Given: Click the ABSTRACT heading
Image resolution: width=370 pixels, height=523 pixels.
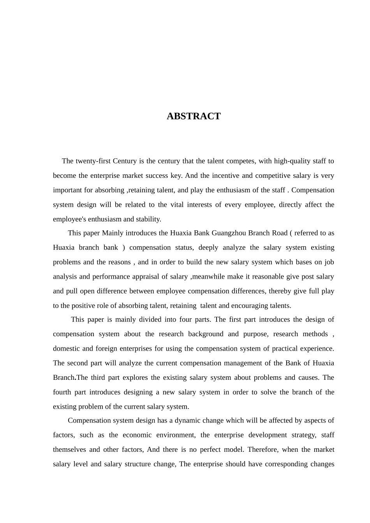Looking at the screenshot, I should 194,116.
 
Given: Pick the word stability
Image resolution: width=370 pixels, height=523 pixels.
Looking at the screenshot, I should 148,219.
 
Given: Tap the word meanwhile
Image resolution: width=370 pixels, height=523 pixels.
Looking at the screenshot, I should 210,277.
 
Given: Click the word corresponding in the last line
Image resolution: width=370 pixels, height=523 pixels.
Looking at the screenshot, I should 286,464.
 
